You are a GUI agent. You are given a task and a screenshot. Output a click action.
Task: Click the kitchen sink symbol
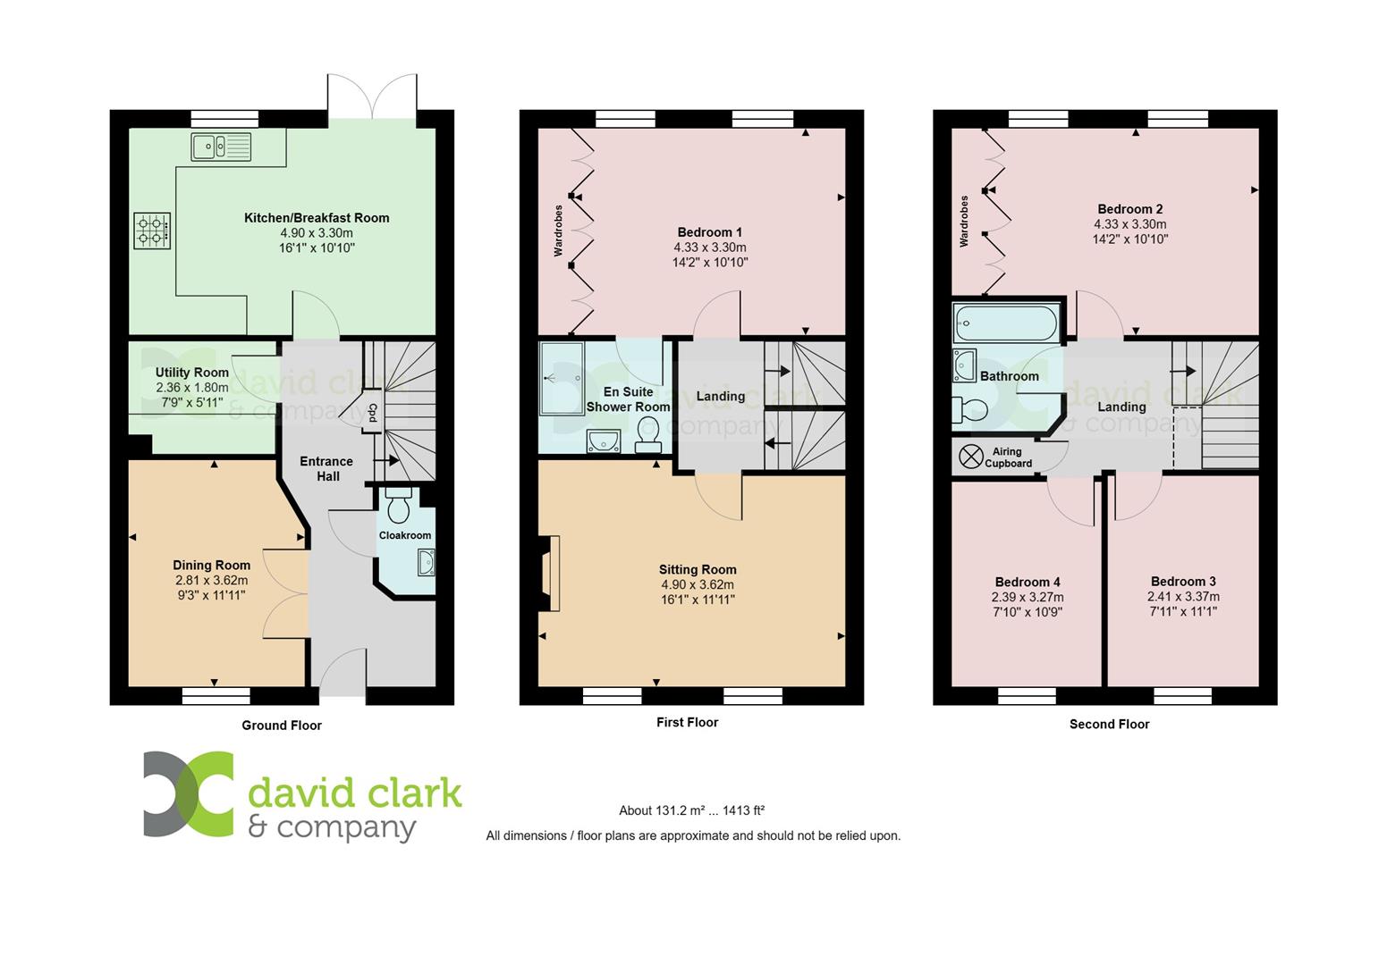click(221, 146)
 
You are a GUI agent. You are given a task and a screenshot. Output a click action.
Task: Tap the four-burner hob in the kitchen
click(152, 230)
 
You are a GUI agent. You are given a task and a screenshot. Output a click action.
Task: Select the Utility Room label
click(192, 373)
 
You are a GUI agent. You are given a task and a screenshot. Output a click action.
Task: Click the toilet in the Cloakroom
click(398, 506)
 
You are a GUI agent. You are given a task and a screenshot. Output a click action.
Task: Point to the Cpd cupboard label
click(373, 414)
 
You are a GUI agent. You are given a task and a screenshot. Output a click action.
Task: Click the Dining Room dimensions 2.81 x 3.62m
click(211, 580)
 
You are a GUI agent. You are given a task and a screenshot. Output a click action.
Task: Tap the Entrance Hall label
click(326, 469)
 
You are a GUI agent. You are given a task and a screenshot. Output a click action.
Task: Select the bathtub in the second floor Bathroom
click(1006, 323)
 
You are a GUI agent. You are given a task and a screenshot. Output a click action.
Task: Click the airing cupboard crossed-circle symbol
click(970, 457)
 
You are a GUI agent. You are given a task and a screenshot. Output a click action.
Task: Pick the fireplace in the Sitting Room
click(549, 574)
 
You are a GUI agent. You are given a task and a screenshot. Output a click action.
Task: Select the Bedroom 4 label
click(1027, 582)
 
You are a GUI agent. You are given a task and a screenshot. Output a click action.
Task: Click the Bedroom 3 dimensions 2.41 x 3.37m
click(1183, 597)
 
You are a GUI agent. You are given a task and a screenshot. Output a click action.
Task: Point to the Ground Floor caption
click(282, 726)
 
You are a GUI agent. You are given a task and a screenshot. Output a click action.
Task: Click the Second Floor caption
click(1109, 724)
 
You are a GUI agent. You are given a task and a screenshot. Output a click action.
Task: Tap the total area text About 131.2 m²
click(690, 811)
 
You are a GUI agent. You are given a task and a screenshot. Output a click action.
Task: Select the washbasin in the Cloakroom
click(425, 562)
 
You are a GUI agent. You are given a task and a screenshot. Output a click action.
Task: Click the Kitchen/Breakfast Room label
click(317, 217)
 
